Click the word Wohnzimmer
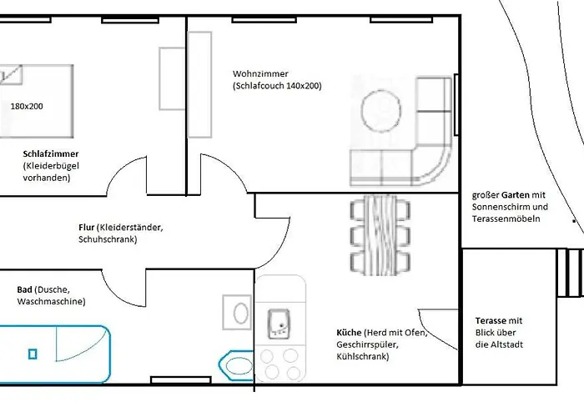click(x=260, y=73)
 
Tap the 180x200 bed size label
click(x=27, y=107)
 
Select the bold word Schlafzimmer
click(x=51, y=153)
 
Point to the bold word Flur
click(x=87, y=227)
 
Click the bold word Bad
click(x=24, y=289)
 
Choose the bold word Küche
click(x=349, y=333)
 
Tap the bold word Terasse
click(x=491, y=320)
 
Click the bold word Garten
click(x=516, y=194)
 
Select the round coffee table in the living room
click(x=381, y=110)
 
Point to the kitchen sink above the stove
click(x=279, y=324)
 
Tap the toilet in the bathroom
click(x=236, y=365)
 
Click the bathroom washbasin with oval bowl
click(x=237, y=313)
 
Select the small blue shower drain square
click(x=33, y=354)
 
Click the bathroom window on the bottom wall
click(x=181, y=380)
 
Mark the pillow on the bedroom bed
click(x=10, y=74)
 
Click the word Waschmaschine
click(x=52, y=302)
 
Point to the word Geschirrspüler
click(x=367, y=344)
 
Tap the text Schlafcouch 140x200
click(x=278, y=86)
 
